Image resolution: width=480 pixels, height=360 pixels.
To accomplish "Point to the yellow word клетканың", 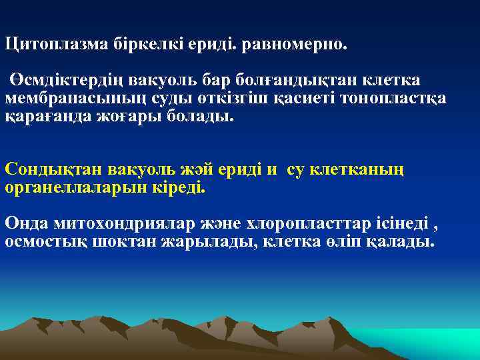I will pyautogui.click(x=361, y=169).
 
